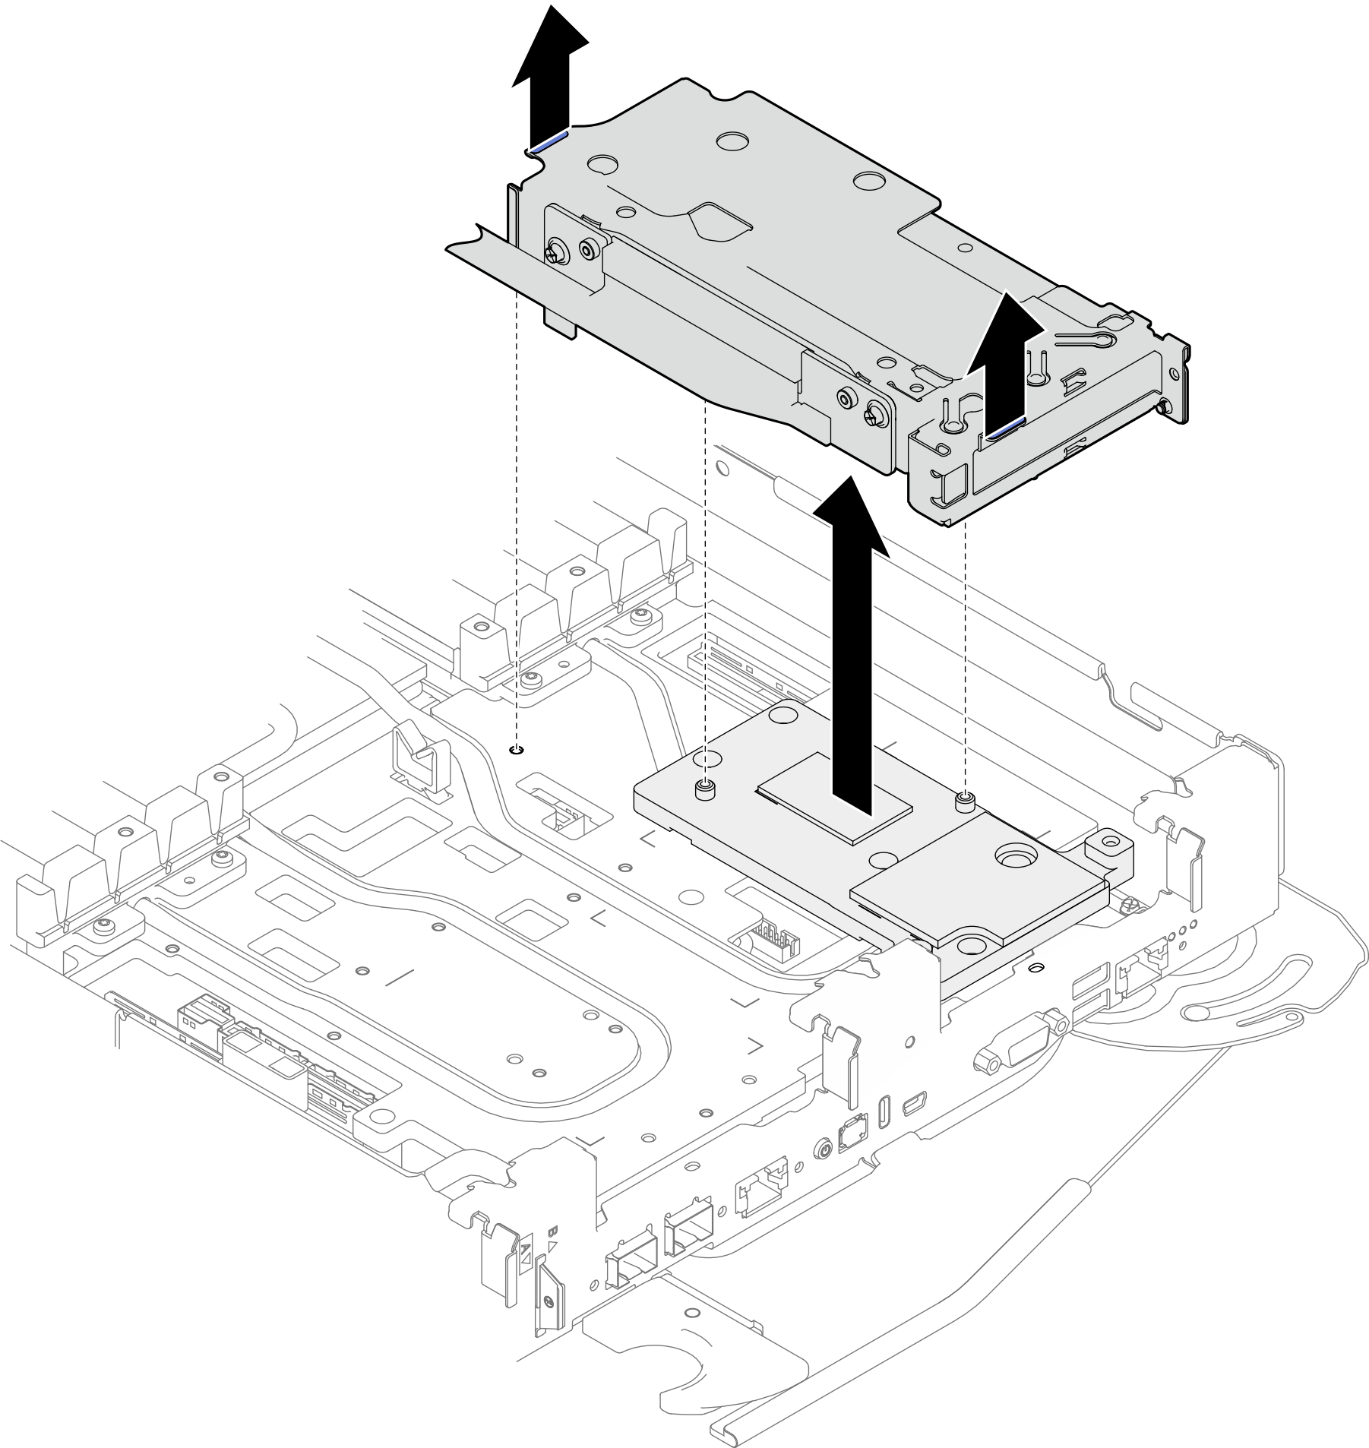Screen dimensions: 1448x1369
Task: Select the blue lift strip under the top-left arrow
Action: (x=549, y=141)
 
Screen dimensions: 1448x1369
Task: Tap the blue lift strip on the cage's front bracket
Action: (x=1004, y=432)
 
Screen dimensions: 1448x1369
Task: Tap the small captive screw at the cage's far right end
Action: (x=1162, y=410)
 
